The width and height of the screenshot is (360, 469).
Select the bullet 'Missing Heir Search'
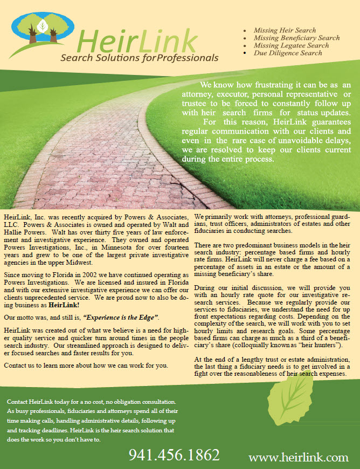tap(284, 31)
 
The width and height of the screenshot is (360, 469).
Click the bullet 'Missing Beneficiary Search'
tap(296, 38)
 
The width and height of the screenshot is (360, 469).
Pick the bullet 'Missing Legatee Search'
tap(291, 46)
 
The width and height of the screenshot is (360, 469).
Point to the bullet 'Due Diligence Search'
tap(288, 53)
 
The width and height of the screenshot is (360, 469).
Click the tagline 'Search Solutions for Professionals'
tap(140, 58)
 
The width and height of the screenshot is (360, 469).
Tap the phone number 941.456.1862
tap(174, 454)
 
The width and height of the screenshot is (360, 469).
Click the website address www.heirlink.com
tap(298, 458)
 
